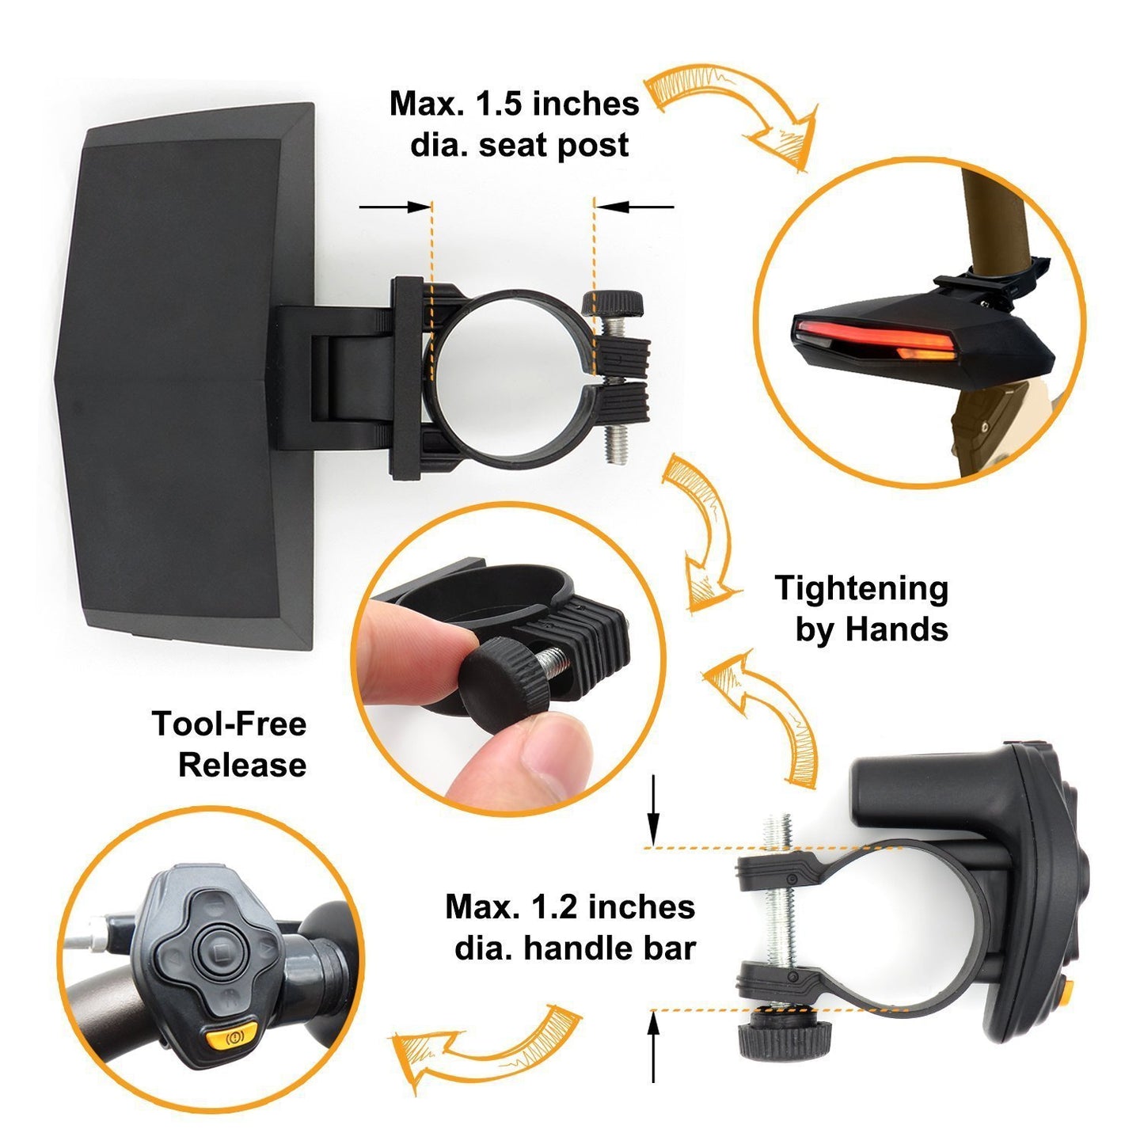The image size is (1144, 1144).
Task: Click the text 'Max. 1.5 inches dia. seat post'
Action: point(515,124)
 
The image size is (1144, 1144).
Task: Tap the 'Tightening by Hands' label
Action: point(862,609)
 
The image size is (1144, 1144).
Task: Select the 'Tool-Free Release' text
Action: point(230,744)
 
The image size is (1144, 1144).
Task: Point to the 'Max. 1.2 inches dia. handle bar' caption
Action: point(571,927)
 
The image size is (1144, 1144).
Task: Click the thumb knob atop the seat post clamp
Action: point(612,302)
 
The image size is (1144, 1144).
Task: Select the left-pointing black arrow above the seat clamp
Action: point(633,207)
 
